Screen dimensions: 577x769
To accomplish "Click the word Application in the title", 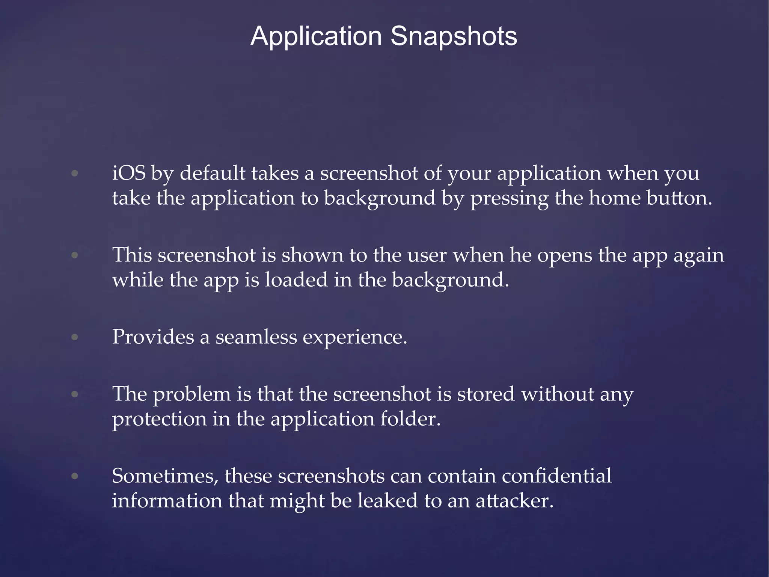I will [316, 36].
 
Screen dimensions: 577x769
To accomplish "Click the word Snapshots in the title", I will [454, 36].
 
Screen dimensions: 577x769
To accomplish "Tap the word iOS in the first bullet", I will [129, 174].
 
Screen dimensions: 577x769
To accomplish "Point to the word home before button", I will [614, 198].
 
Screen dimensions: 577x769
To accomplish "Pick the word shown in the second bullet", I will [312, 255].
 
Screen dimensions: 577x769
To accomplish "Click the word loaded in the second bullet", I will [296, 280].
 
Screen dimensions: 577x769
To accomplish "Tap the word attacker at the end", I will [514, 501].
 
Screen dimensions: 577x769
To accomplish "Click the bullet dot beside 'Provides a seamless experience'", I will [75, 337].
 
